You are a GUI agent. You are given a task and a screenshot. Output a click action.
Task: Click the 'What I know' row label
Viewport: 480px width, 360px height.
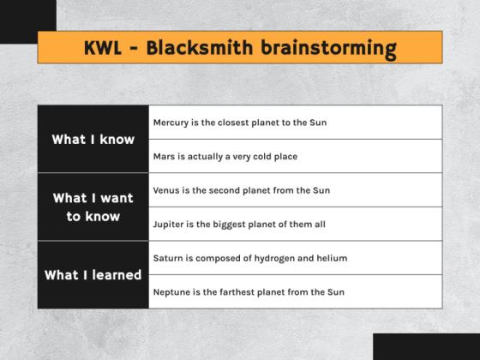tap(93, 139)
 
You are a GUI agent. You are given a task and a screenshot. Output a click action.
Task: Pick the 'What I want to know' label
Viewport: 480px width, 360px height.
tap(93, 207)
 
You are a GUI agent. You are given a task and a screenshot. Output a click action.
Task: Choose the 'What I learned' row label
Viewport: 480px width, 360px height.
tap(93, 275)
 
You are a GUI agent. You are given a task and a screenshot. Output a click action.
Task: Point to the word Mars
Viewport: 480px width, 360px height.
tap(165, 156)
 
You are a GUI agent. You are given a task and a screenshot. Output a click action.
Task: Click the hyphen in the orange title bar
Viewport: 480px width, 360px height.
tap(135, 48)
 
